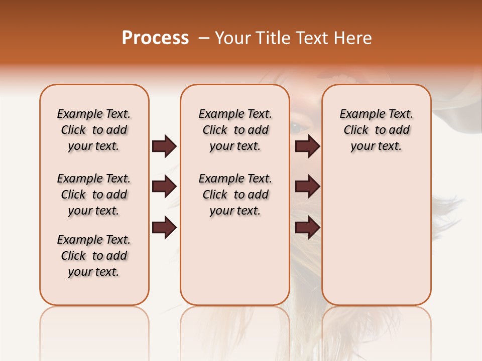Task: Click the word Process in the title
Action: pyautogui.click(x=155, y=38)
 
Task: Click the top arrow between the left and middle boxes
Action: pyautogui.click(x=164, y=146)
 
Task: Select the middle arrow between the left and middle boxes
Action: pyautogui.click(x=164, y=187)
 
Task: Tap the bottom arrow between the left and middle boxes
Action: pyautogui.click(x=164, y=227)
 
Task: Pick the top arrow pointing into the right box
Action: pyautogui.click(x=307, y=146)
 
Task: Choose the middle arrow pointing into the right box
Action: pyautogui.click(x=307, y=187)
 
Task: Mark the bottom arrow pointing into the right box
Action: pyautogui.click(x=307, y=227)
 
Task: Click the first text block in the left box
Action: pyautogui.click(x=94, y=130)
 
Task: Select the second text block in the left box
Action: pyautogui.click(x=94, y=195)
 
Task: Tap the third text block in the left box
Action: pyautogui.click(x=94, y=256)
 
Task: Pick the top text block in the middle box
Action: pyautogui.click(x=235, y=130)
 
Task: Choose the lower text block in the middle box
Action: pyautogui.click(x=235, y=195)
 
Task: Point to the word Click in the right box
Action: pyautogui.click(x=356, y=130)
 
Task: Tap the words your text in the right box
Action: pyautogui.click(x=376, y=146)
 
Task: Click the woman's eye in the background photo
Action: pyautogui.click(x=299, y=127)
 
